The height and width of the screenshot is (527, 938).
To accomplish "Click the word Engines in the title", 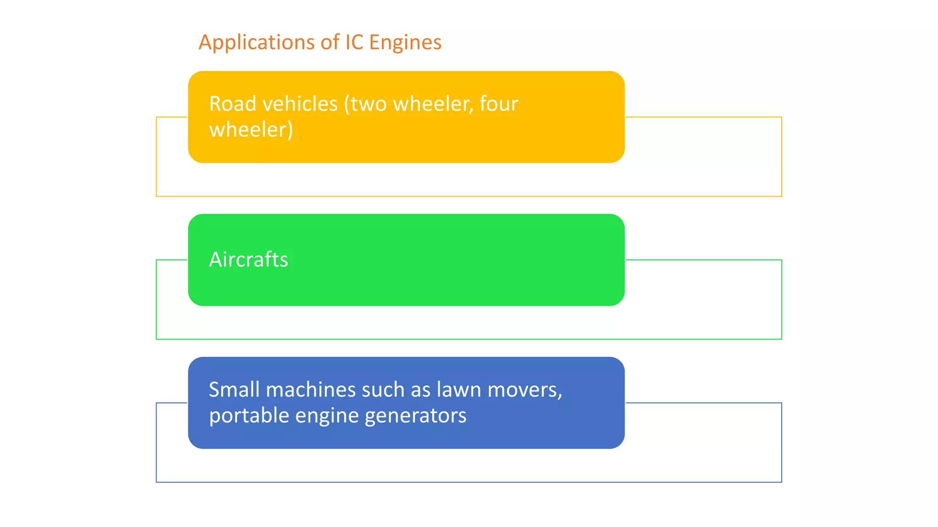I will [405, 42].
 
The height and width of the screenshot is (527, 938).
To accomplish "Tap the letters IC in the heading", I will [354, 42].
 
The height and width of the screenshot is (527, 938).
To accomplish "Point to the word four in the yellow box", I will [499, 104].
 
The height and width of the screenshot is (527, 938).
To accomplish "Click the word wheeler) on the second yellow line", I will [251, 130].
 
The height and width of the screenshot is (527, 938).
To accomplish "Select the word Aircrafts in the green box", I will [248, 259].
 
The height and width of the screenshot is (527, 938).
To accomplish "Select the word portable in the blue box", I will [249, 416].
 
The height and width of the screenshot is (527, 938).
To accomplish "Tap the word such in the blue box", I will [382, 390].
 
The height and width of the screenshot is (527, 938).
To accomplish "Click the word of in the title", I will [330, 42].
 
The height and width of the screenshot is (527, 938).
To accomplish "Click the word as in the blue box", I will [420, 390].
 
